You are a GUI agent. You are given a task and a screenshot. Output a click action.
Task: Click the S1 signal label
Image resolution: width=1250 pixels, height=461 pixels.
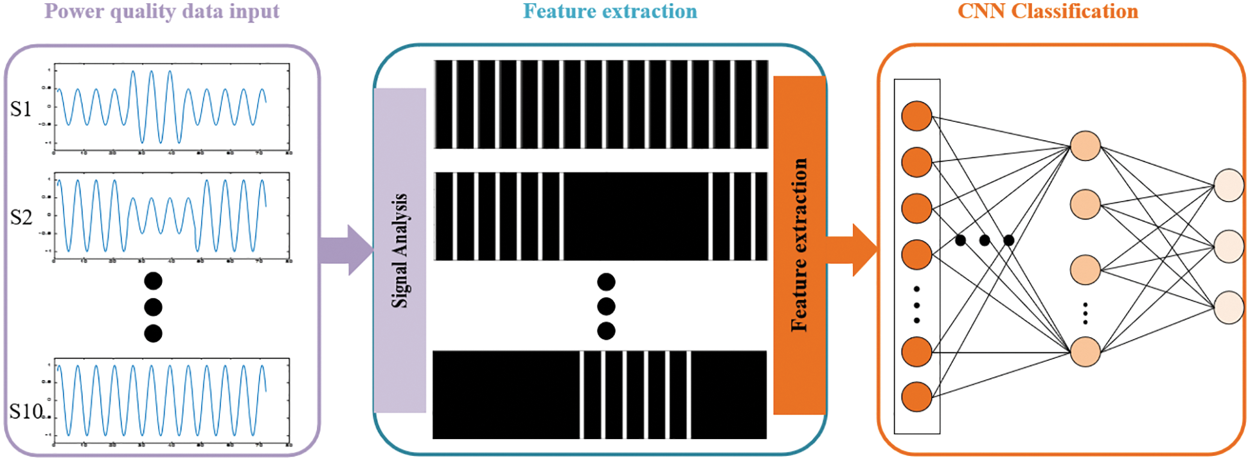pos(21,110)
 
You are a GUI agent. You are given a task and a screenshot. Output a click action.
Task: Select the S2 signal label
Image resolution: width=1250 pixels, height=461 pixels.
pos(21,218)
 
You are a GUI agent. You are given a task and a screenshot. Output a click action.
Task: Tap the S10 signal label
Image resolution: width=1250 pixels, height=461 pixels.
pos(26,411)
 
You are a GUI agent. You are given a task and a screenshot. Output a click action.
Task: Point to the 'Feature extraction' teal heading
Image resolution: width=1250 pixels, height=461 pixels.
pos(609,12)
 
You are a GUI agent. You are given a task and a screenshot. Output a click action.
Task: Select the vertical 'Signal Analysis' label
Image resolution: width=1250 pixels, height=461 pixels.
pos(400,250)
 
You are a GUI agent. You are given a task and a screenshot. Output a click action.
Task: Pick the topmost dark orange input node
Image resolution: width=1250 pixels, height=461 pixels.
pos(916,116)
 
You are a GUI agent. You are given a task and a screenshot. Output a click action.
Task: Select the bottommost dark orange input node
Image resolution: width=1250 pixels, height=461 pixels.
pos(916,396)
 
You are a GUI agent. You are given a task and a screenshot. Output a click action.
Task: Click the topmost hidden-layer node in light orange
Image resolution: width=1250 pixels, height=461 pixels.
pos(1085,146)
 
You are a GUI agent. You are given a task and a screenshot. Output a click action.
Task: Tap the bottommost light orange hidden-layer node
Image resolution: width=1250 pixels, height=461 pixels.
pos(1085,352)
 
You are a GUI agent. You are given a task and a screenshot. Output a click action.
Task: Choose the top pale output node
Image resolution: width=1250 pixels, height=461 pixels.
pos(1229,186)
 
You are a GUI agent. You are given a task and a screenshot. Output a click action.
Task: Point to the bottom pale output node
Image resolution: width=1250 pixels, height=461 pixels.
pos(1229,307)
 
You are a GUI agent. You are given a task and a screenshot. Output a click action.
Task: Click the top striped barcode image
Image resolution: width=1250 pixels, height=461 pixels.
pos(601,105)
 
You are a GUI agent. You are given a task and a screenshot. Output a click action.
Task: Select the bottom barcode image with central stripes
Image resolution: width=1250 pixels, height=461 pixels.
pos(600,395)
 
